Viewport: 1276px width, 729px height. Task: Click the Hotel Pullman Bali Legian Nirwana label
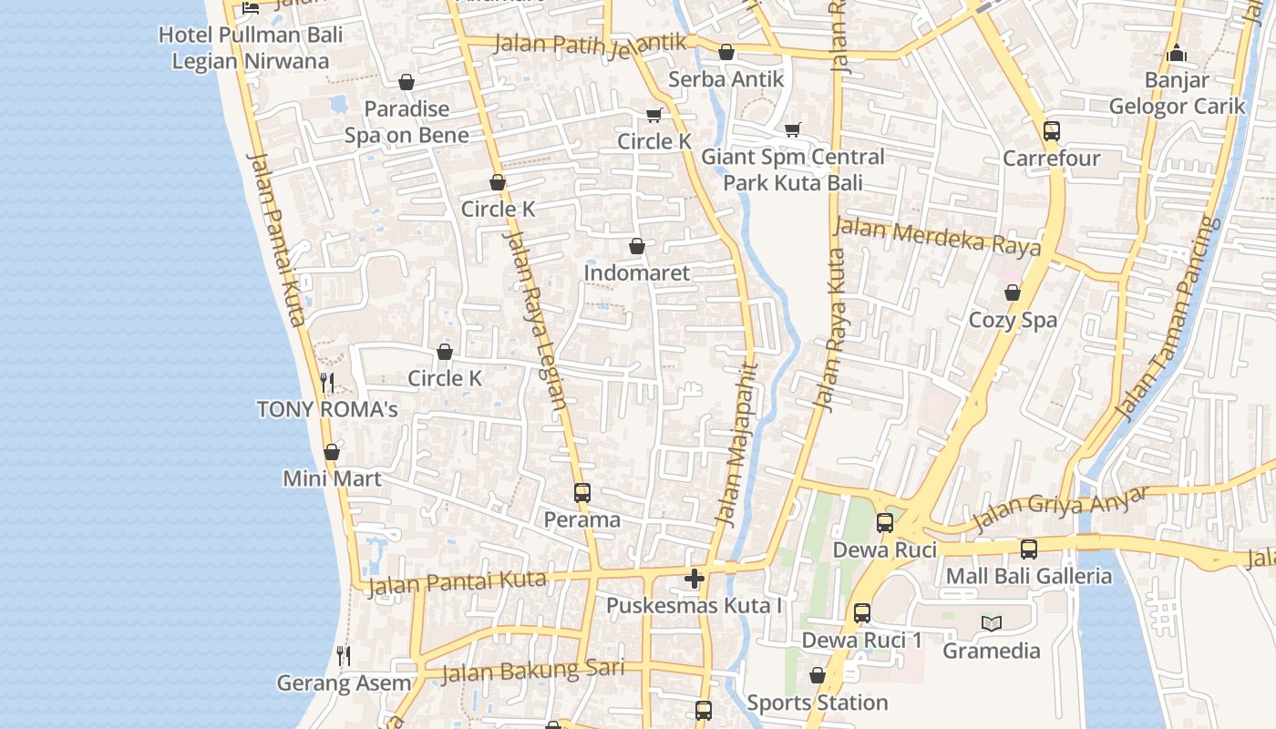(x=251, y=48)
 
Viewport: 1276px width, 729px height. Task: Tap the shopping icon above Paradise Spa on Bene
(x=406, y=83)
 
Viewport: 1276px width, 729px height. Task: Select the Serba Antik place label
(x=725, y=79)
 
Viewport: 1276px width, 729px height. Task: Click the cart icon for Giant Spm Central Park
(x=792, y=130)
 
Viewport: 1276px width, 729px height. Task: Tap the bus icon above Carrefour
(x=1052, y=131)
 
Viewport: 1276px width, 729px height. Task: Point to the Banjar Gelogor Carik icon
(x=1177, y=54)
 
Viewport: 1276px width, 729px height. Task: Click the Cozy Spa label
(x=1013, y=320)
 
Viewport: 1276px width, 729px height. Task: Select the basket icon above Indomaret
(x=637, y=246)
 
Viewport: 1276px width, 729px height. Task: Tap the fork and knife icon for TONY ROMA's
(x=327, y=383)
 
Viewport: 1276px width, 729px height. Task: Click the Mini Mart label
(x=332, y=478)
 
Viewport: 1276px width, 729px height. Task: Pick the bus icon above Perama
(x=582, y=493)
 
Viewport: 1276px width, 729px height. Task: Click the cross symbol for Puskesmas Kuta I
(x=695, y=579)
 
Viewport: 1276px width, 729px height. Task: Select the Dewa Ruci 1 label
(x=861, y=641)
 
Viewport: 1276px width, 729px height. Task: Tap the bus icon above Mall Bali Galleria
(x=1029, y=549)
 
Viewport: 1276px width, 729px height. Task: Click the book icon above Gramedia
(x=992, y=624)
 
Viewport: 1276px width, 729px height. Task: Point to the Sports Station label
(x=817, y=703)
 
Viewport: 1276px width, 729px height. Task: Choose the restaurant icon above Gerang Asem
(x=344, y=655)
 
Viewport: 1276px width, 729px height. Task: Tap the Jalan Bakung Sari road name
(x=533, y=672)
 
